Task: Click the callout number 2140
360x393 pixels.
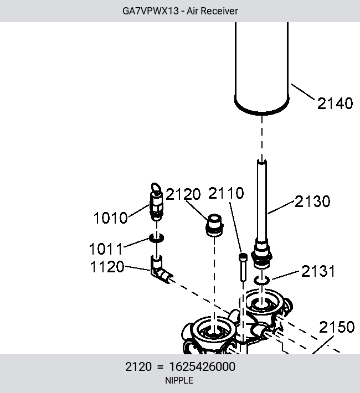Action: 335,104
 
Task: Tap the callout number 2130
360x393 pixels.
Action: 312,201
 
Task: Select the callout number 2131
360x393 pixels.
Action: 318,271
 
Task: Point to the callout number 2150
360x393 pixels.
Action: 337,327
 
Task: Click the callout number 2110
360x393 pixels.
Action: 226,193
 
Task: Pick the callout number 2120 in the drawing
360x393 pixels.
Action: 183,194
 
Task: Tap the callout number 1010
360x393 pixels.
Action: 110,218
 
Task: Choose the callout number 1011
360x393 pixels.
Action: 106,249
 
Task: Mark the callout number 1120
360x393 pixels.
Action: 107,266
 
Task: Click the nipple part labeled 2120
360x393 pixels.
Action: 214,225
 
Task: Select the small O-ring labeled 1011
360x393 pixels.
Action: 157,237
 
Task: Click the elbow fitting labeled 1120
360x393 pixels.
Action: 161,270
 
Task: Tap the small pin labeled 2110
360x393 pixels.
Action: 243,267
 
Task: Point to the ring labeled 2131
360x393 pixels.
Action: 262,280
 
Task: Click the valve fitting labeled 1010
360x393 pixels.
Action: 156,202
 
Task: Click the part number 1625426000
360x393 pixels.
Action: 202,366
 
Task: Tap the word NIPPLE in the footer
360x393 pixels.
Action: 179,380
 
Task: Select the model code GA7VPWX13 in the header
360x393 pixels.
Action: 151,11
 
